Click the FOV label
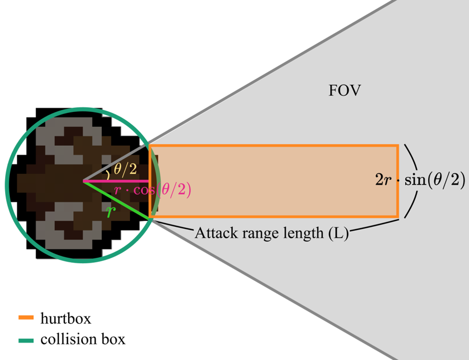pyautogui.click(x=345, y=91)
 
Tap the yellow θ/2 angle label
pyautogui.click(x=125, y=170)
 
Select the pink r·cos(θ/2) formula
pyautogui.click(x=152, y=190)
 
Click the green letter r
pyautogui.click(x=110, y=211)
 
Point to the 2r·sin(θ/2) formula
pyautogui.click(x=420, y=180)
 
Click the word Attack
pyautogui.click(x=213, y=233)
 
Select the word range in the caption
pyautogui.click(x=250, y=234)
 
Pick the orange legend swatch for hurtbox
pyautogui.click(x=26, y=317)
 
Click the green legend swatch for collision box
pyautogui.click(x=26, y=340)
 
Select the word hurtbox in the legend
pyautogui.click(x=65, y=318)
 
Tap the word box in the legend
pyautogui.click(x=114, y=340)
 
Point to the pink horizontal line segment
pyautogui.click(x=116, y=181)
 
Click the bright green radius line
pyautogui.click(x=116, y=200)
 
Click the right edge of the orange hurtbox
pyautogui.click(x=398, y=181)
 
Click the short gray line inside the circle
pyautogui.click(x=116, y=164)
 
